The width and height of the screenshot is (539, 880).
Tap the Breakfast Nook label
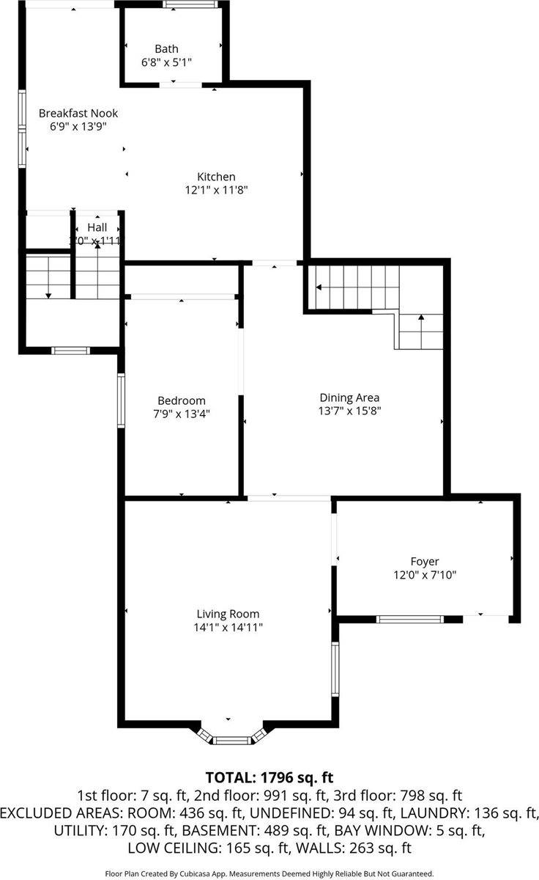pos(78,113)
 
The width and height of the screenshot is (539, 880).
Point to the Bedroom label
pos(182,400)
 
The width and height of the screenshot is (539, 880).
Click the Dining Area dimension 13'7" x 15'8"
pos(348,411)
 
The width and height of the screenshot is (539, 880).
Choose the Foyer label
pos(425,562)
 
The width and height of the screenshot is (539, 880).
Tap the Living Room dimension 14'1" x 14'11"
pos(228,627)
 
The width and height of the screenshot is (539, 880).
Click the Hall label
pos(97,227)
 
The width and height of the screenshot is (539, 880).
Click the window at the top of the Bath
pos(190,4)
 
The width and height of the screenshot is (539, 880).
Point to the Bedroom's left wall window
pos(122,400)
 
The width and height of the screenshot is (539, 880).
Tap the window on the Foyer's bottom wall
pos(409,620)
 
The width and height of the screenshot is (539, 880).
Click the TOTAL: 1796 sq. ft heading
pos(269,777)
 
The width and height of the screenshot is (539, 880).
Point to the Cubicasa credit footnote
pos(269,873)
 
